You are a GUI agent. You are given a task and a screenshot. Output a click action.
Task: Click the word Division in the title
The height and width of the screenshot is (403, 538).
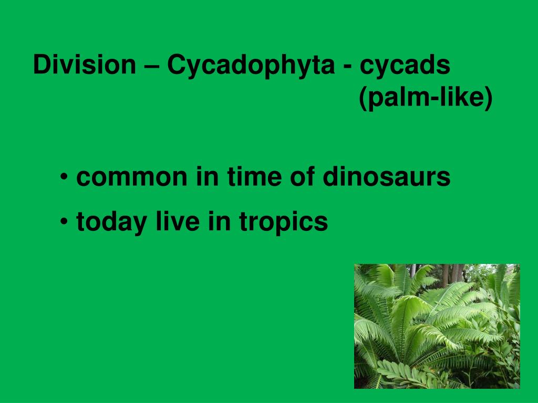[84, 66]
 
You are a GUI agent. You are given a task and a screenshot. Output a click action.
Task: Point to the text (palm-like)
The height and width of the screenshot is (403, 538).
[426, 98]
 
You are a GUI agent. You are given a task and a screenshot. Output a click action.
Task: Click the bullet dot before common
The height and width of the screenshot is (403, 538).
[64, 177]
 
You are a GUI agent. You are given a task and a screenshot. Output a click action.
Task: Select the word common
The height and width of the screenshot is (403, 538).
[132, 177]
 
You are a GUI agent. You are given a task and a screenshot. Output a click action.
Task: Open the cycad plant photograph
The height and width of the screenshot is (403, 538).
[437, 326]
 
